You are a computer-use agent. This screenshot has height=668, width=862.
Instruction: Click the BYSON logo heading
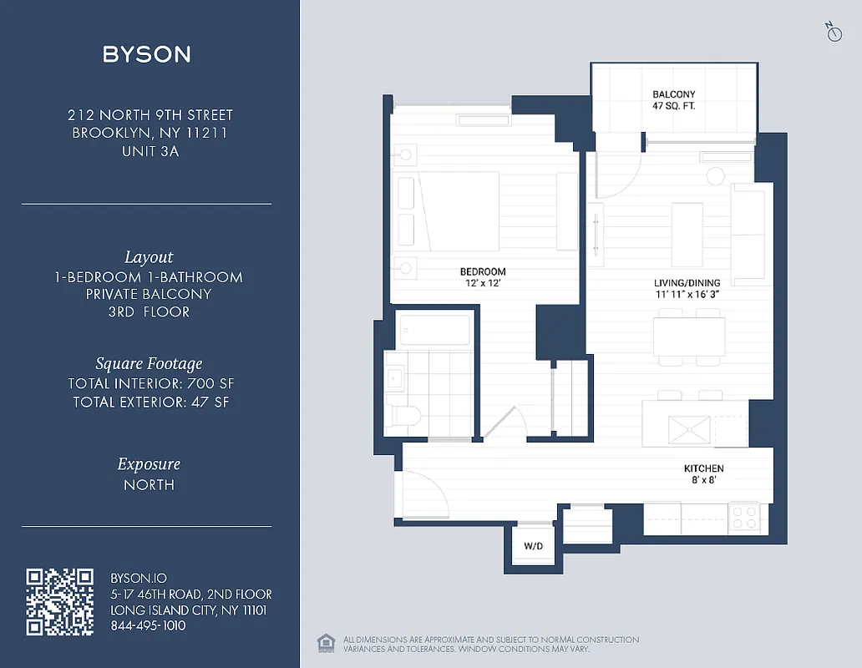pos(147,55)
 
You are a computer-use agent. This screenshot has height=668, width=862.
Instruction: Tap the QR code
pos(59,601)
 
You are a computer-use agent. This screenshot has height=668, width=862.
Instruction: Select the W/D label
pos(533,547)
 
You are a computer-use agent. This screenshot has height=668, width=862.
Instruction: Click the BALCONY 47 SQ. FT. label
pos(673,100)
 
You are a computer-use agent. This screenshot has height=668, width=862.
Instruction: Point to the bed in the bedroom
pos(458,211)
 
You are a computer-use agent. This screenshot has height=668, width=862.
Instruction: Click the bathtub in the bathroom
pos(434,331)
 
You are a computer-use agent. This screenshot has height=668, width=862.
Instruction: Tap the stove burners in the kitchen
pos(744,517)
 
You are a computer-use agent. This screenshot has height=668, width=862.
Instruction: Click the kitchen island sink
pos(688,430)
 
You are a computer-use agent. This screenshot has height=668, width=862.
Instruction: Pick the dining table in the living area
pos(689,337)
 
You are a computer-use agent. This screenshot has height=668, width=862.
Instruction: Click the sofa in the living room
pos(748,234)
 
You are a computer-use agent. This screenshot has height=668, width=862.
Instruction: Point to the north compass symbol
pos(833,32)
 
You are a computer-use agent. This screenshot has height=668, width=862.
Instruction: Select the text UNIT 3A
pos(150,151)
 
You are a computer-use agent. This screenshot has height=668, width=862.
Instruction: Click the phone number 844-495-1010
pos(148,625)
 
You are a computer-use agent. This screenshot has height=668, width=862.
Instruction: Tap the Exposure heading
pos(149,464)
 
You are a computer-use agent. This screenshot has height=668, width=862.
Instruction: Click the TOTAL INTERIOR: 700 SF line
pos(149,384)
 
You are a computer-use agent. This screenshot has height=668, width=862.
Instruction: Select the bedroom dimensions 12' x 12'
pos(483,284)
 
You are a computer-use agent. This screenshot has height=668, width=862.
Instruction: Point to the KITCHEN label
pos(703,468)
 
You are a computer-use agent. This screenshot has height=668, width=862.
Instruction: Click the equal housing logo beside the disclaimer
pos(325,643)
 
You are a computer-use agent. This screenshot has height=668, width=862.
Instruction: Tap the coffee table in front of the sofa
pos(687,234)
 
